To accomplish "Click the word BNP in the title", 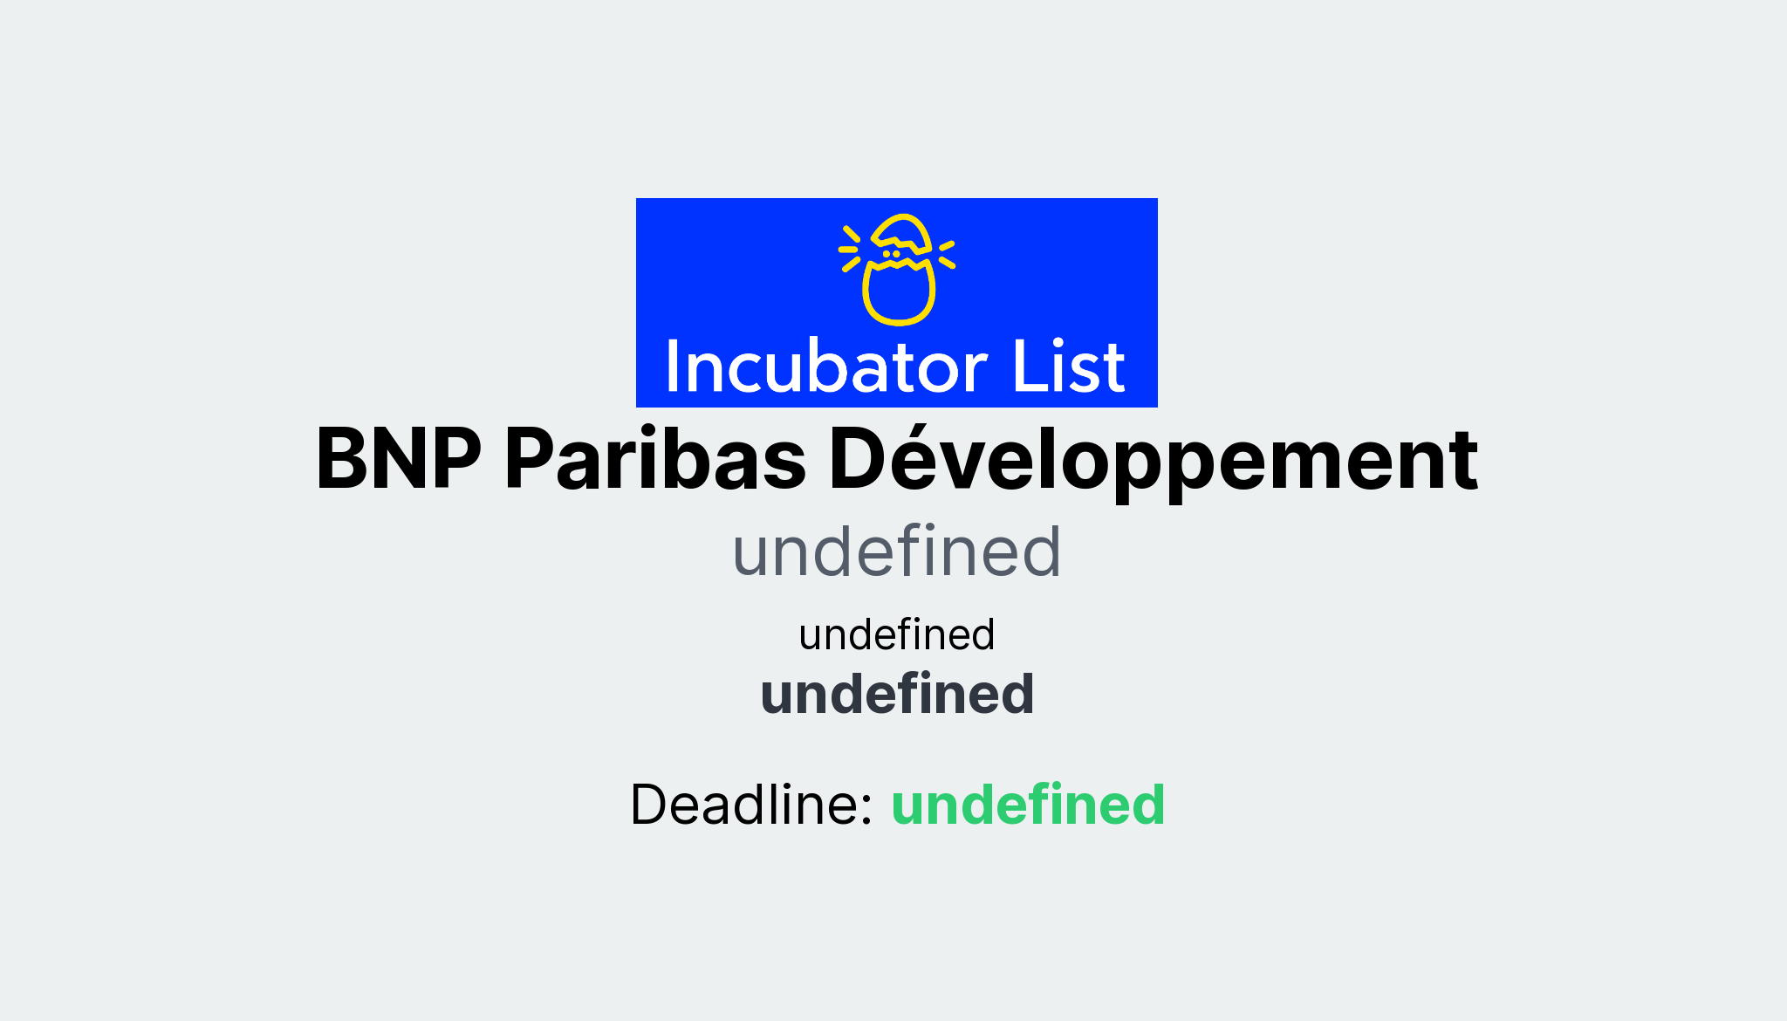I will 399,460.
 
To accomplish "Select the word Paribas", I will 655,460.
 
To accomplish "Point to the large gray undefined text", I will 896,552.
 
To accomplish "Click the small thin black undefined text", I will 896,635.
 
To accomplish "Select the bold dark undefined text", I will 897,695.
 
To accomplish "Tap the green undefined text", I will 1028,805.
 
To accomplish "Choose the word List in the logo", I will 1068,367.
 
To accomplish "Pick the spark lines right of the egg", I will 947,253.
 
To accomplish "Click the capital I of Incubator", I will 673,367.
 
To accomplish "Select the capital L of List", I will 1025,367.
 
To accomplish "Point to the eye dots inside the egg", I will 891,254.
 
